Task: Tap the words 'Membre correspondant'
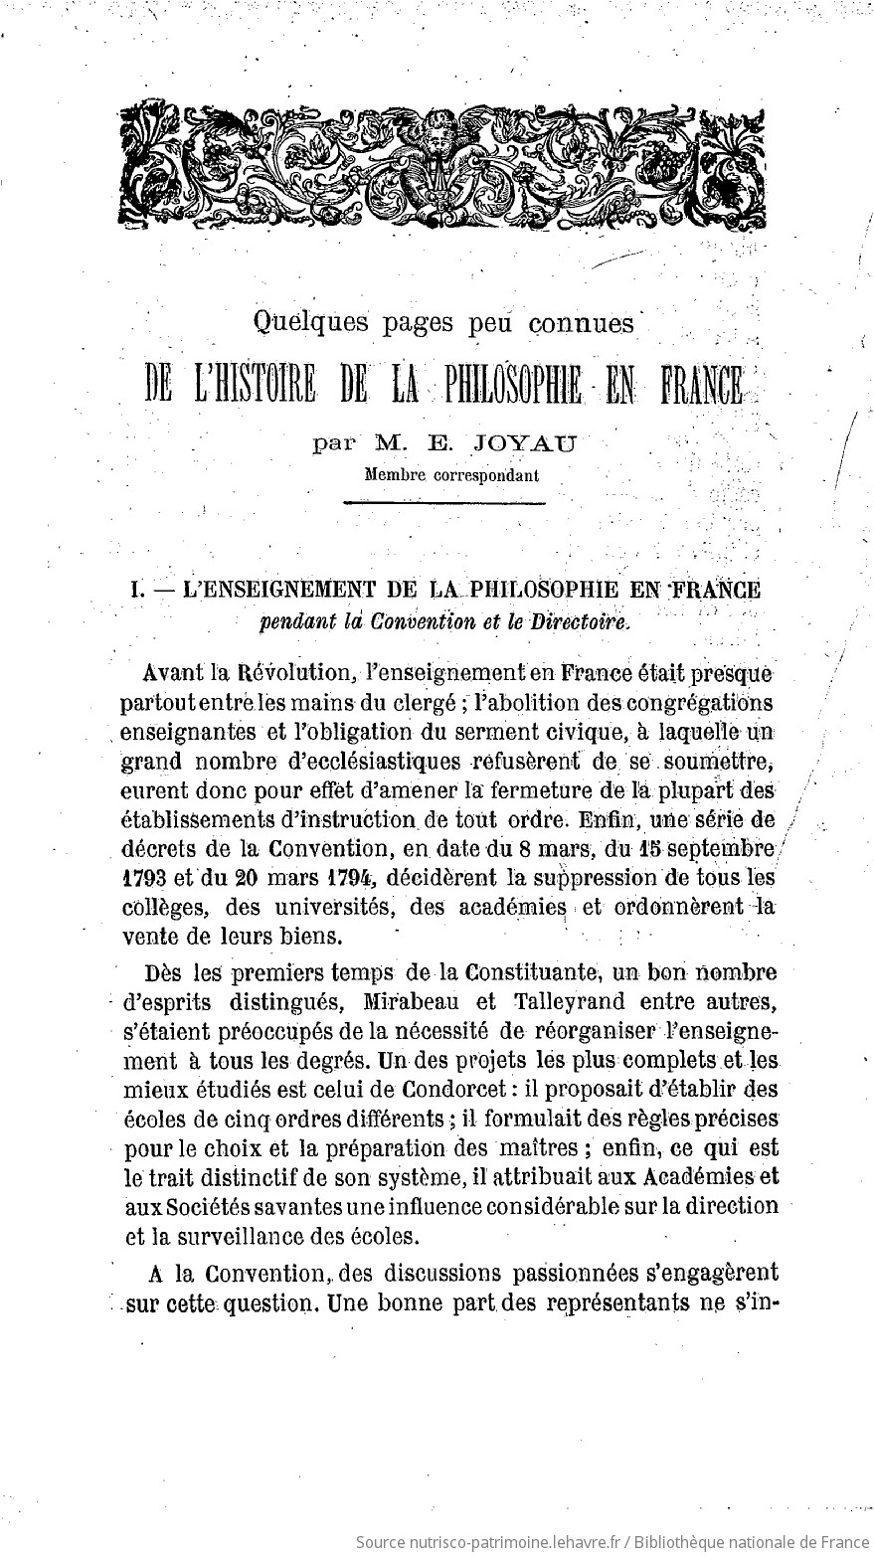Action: click(x=452, y=475)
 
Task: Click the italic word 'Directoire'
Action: click(x=583, y=622)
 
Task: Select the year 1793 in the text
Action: click(x=144, y=879)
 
